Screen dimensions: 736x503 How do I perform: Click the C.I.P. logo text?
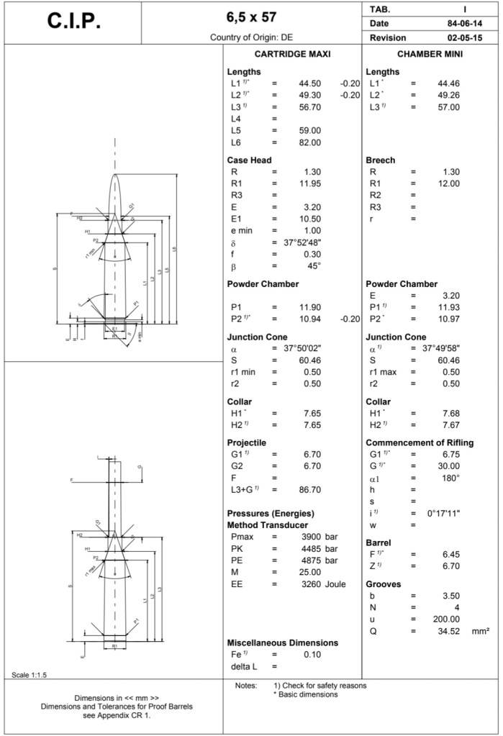click(73, 22)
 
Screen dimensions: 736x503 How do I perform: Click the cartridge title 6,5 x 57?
click(251, 17)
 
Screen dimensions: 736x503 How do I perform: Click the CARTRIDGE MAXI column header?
click(292, 55)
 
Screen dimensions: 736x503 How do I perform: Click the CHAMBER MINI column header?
click(430, 55)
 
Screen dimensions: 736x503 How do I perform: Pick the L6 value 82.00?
click(309, 142)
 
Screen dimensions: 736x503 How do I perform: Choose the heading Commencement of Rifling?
click(420, 442)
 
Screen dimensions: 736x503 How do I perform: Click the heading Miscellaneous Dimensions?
click(282, 642)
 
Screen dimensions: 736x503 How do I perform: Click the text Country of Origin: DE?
click(251, 37)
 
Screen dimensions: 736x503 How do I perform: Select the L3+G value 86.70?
click(309, 490)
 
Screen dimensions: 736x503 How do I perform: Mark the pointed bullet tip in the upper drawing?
click(115, 175)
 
